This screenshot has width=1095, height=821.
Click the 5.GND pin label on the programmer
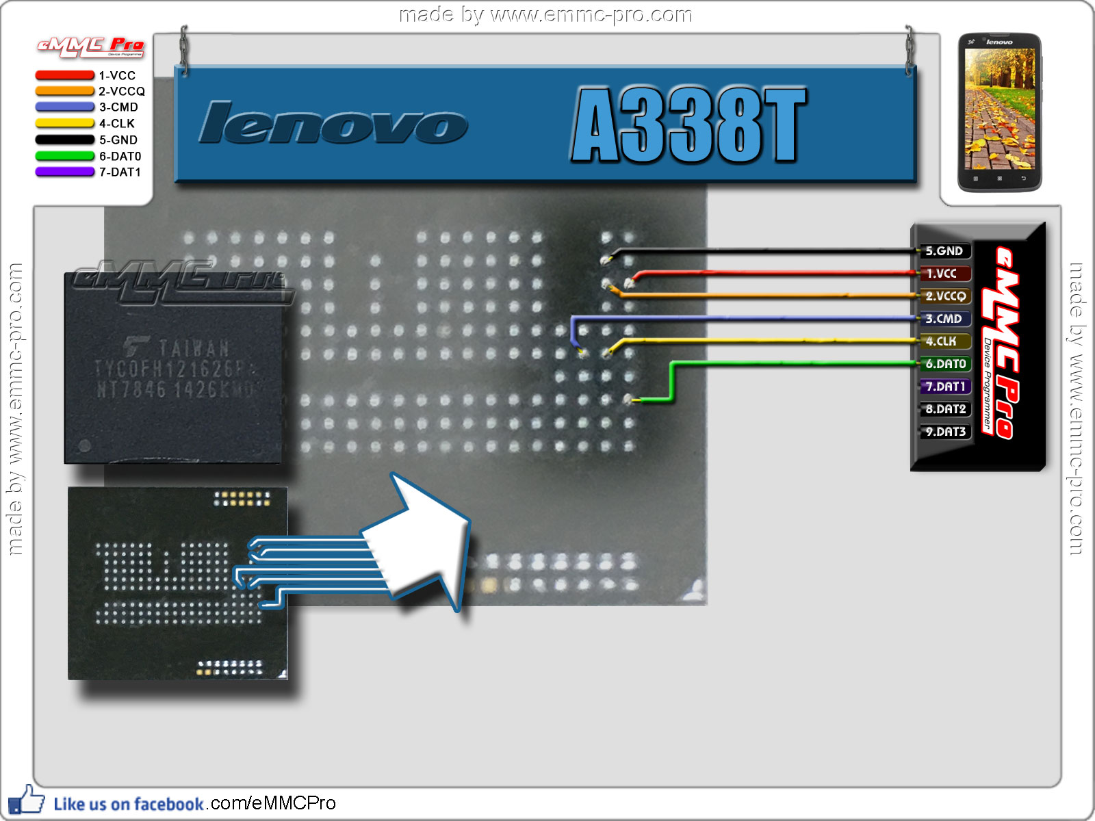coord(944,251)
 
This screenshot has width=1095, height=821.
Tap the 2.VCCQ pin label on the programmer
coord(944,296)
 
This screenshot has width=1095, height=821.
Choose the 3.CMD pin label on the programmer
coord(944,319)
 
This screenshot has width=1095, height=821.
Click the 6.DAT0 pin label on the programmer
coord(944,364)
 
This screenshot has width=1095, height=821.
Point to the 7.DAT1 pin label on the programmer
coord(944,387)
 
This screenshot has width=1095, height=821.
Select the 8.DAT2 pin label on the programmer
coord(944,409)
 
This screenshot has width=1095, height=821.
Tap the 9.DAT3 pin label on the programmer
coord(944,432)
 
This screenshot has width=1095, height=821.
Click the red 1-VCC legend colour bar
coord(64,75)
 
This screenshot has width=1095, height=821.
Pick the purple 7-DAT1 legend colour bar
coord(64,172)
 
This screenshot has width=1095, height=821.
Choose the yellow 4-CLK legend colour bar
coord(64,123)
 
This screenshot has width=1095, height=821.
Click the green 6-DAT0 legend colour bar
coord(64,156)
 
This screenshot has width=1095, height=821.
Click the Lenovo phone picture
coord(999,113)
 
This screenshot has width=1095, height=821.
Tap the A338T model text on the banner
coord(688,125)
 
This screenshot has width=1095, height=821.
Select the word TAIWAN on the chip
coord(194,348)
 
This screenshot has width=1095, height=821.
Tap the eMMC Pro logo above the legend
coord(90,47)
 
